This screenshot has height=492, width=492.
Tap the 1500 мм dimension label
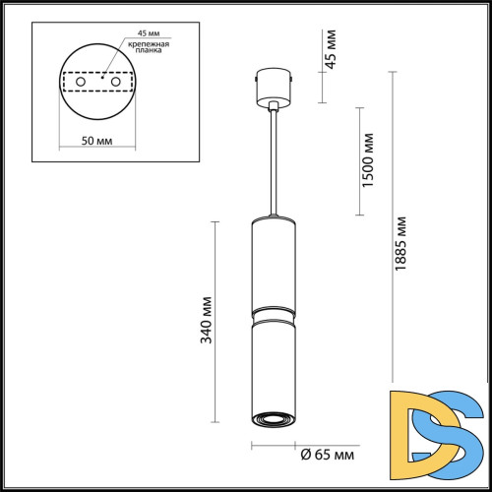368,160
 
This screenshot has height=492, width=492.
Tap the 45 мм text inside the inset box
138,31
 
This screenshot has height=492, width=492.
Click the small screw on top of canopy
259,72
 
